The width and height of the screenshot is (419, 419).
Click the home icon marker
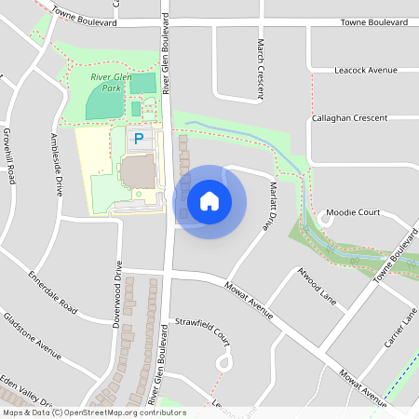[209, 201]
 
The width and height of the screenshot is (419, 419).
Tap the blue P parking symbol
[139, 139]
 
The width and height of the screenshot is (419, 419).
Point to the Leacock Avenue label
[365, 70]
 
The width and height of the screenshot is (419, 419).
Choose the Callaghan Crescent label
[363, 118]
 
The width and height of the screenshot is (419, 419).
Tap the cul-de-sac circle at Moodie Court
[327, 217]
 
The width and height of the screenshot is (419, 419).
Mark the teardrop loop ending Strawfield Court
[223, 361]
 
